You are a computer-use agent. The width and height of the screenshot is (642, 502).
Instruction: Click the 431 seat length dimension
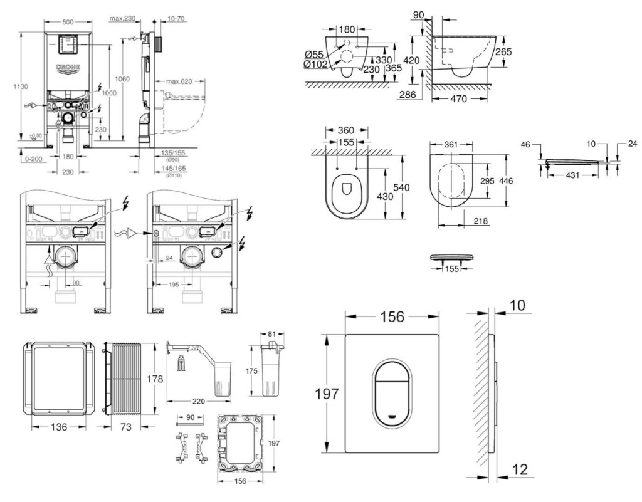[568, 177]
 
